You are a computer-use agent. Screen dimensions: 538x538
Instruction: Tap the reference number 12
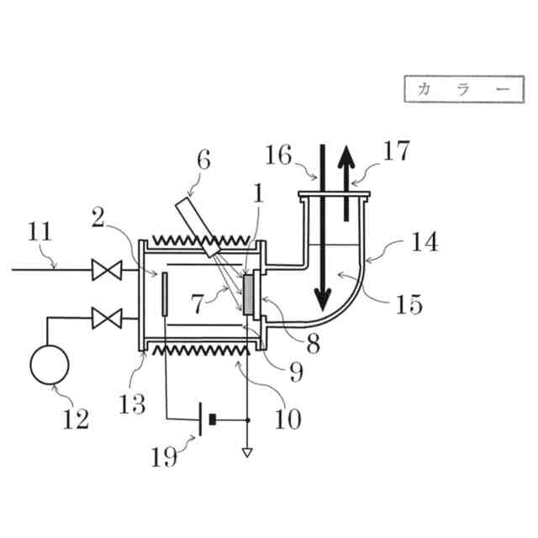point(76,418)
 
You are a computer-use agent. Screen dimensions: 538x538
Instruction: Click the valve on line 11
point(106,270)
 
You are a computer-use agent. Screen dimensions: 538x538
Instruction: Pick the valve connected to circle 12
point(106,318)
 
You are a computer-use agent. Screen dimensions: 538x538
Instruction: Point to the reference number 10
point(287,418)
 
